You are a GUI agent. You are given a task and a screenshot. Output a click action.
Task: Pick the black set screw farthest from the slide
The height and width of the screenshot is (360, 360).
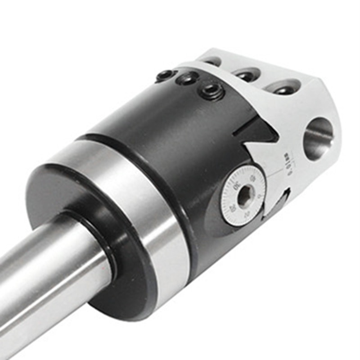coord(166,75)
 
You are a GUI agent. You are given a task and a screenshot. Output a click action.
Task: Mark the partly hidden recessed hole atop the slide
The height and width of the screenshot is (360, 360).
coord(212,61)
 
